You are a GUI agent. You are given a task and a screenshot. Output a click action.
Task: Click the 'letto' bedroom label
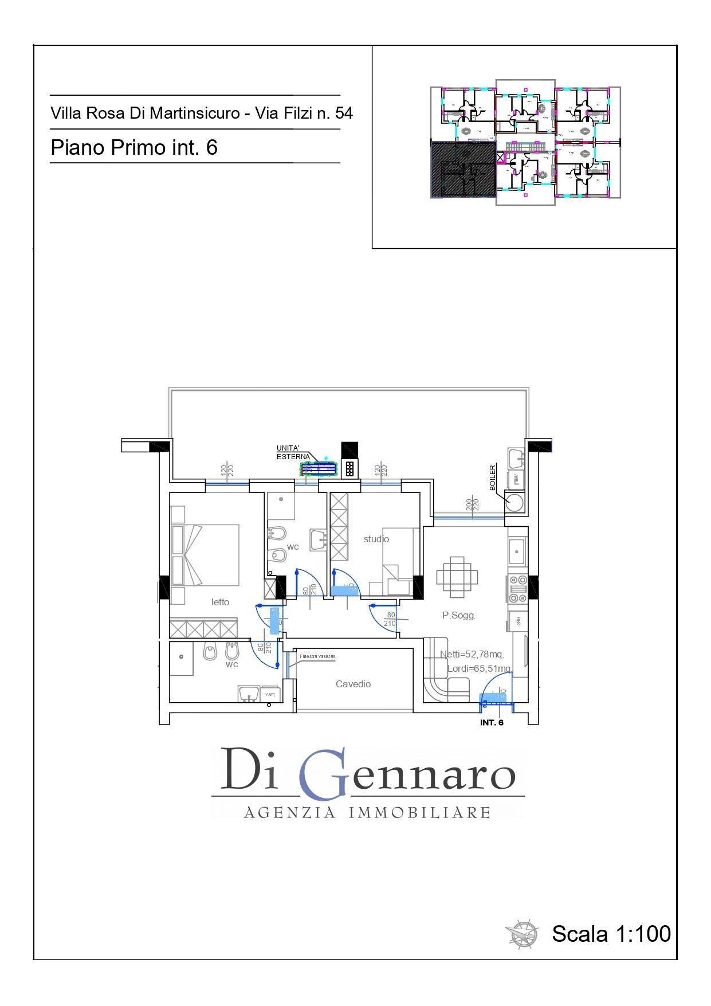click(220, 602)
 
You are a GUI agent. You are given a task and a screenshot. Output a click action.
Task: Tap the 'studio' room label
click(376, 539)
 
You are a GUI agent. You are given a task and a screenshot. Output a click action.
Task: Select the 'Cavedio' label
click(353, 684)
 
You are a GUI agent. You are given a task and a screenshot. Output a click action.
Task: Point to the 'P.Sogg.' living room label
click(459, 616)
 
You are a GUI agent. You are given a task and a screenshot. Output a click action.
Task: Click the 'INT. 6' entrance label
click(492, 723)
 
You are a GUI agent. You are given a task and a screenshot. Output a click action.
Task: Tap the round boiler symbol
click(514, 503)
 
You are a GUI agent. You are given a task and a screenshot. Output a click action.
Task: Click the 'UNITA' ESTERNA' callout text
click(292, 452)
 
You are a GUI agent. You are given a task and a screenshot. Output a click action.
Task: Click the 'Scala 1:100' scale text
click(611, 933)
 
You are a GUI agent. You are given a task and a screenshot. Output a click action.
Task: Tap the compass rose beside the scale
click(522, 934)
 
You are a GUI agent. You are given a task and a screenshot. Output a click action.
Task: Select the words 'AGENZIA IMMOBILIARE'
click(367, 812)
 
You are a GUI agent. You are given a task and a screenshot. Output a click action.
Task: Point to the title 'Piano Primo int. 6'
click(134, 147)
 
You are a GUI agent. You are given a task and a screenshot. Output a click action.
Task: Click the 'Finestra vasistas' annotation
click(317, 656)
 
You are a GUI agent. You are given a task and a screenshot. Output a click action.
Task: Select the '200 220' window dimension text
click(472, 505)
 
